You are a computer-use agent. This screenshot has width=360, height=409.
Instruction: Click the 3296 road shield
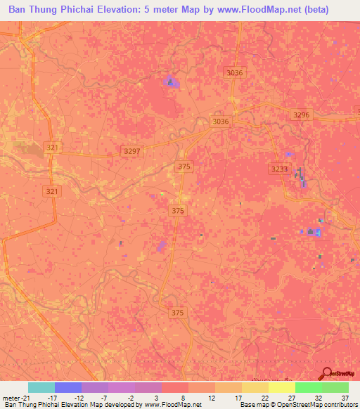pos(301,115)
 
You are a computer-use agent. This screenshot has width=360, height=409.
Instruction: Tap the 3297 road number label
pos(131,151)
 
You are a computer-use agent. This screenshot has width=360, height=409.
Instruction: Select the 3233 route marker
pos(279,169)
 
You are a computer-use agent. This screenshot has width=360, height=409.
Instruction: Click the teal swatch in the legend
pos(41,387)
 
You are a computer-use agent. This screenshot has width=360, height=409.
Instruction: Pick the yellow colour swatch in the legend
pos(281,387)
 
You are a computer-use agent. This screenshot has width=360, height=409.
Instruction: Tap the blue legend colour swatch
pos(67,387)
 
